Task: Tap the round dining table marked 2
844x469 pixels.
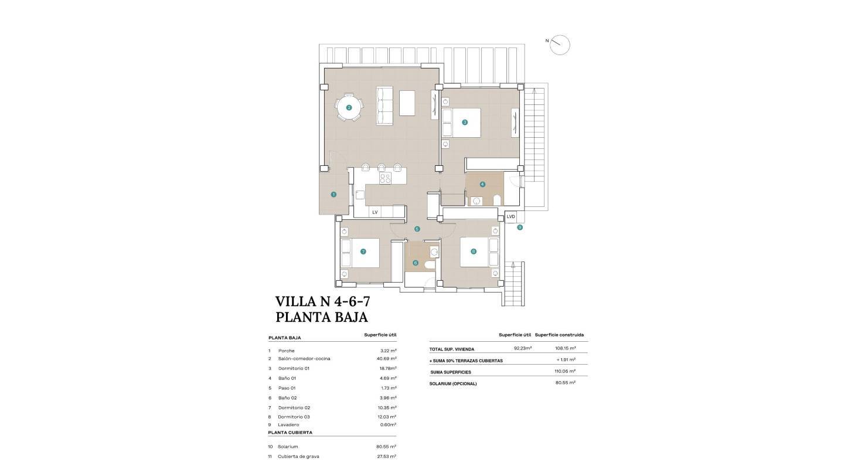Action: (x=349, y=108)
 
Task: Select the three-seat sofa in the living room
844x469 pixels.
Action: (x=384, y=106)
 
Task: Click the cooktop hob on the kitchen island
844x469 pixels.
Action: (x=385, y=178)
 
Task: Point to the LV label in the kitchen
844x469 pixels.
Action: (x=375, y=212)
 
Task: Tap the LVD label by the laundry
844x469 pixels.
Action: (x=511, y=217)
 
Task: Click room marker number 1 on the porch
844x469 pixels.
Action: (x=333, y=194)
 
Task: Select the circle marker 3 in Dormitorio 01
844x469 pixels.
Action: (x=465, y=123)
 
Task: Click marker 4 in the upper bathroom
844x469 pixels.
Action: (x=482, y=184)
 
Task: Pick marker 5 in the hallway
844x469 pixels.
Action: (x=417, y=229)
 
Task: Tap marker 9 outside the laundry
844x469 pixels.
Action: (x=520, y=227)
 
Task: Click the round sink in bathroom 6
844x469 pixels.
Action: (x=433, y=252)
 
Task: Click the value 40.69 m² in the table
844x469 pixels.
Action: (x=387, y=358)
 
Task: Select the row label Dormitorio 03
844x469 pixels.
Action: (x=293, y=417)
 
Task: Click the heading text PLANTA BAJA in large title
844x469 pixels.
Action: (x=321, y=317)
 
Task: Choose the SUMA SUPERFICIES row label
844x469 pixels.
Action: (x=450, y=372)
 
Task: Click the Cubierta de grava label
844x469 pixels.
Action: (x=298, y=456)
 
